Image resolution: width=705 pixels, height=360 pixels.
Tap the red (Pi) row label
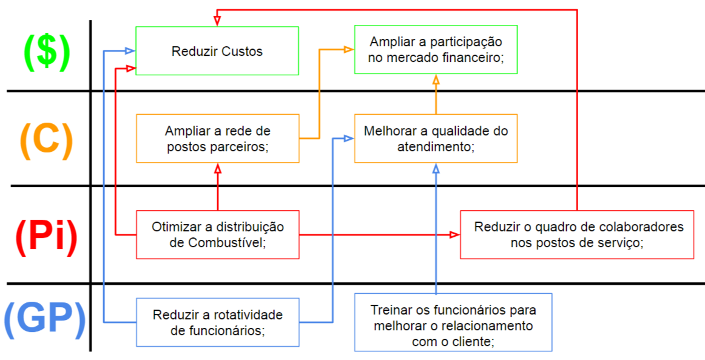pyautogui.click(x=46, y=236)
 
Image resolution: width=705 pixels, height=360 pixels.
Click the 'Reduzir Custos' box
pyautogui.click(x=217, y=51)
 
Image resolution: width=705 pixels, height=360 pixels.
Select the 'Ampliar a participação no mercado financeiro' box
pyautogui.click(x=436, y=50)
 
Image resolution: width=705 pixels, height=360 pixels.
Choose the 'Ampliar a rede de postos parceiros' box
pyautogui.click(x=218, y=138)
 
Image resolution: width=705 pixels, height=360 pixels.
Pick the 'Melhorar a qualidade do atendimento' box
pyautogui.click(x=436, y=138)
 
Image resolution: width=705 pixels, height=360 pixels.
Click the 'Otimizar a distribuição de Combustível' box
pyautogui.click(x=218, y=234)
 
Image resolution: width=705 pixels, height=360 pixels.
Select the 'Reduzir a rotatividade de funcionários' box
pyautogui.click(x=218, y=322)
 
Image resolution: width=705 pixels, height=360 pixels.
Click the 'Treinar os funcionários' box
pyautogui.click(x=453, y=322)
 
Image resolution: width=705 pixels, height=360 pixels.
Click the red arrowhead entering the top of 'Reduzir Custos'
pyautogui.click(x=217, y=21)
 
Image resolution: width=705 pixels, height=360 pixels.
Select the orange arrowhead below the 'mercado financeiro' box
pyautogui.click(x=436, y=79)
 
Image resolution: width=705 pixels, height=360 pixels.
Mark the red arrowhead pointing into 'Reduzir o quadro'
pyautogui.click(x=455, y=234)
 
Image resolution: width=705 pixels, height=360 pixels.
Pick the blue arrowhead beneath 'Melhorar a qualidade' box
pyautogui.click(x=436, y=168)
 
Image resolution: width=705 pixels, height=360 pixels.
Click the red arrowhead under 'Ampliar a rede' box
pyautogui.click(x=218, y=168)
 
